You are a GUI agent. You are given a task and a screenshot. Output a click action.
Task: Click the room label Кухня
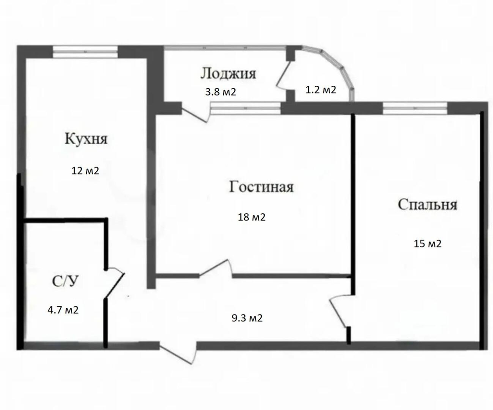click(86, 139)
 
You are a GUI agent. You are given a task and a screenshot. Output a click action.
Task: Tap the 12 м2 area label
click(85, 171)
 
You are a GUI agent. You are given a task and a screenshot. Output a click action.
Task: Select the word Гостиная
click(261, 187)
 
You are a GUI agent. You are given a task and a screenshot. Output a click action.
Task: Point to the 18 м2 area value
click(252, 217)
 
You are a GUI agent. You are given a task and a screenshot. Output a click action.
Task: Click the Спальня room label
click(427, 205)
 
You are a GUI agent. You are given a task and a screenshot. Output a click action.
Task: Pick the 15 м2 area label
click(428, 243)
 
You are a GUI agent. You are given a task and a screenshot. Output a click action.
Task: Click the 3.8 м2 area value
click(220, 92)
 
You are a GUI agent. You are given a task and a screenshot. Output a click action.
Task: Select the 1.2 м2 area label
click(321, 90)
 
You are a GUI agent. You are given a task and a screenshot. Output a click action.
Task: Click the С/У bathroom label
click(64, 281)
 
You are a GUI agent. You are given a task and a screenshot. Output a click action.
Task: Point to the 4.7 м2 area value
click(63, 310)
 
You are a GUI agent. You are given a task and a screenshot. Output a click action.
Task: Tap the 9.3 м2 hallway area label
click(247, 318)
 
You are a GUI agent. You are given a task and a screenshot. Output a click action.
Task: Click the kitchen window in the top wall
click(85, 52)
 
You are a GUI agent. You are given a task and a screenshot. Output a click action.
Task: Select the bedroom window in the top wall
click(415, 108)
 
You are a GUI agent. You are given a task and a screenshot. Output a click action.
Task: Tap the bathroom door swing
click(115, 283)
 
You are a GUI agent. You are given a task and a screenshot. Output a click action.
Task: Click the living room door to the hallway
click(215, 268)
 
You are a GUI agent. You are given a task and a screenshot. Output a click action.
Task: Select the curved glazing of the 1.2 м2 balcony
click(338, 69)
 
